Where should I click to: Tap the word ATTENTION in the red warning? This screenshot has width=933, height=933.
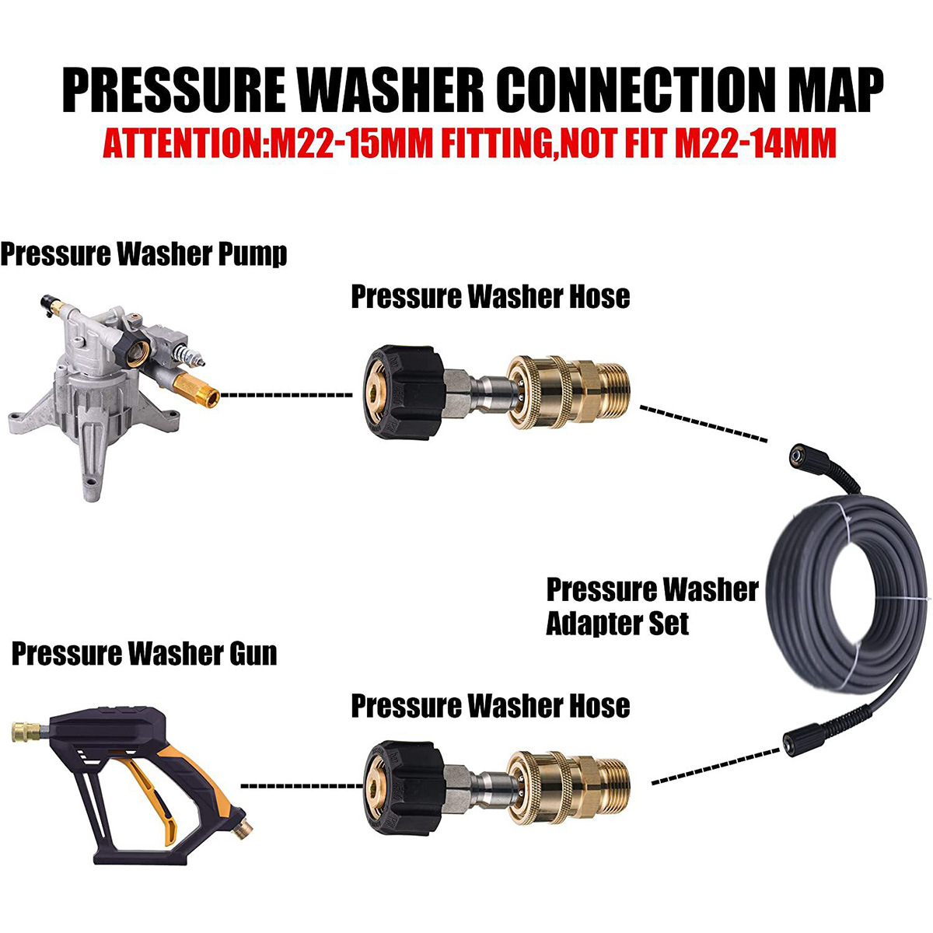coord(181,145)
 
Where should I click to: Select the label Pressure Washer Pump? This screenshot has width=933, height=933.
coord(144,254)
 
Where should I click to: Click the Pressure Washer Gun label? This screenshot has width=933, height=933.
coord(144,653)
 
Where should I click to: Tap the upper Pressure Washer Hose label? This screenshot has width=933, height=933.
coord(490,296)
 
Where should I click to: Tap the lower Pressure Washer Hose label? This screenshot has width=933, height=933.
coord(490,706)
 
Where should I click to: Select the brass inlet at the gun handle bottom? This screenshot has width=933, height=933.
coord(243,819)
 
